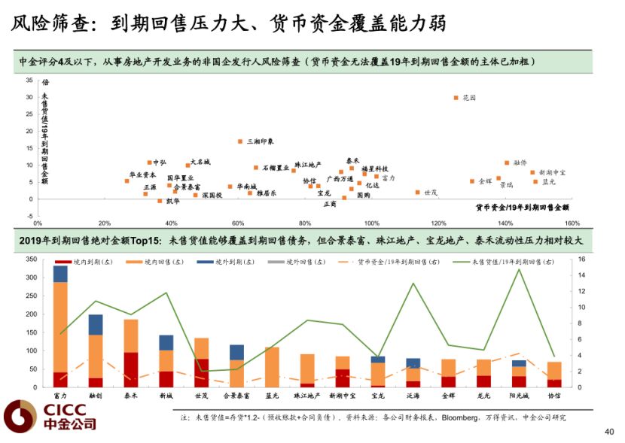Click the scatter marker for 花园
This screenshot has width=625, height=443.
click(456, 98)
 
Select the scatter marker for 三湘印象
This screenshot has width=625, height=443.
click(240, 141)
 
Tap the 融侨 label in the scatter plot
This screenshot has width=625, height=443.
click(520, 162)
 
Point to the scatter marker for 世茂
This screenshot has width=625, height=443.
click(418, 192)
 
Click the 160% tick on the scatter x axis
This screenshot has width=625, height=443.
click(571, 223)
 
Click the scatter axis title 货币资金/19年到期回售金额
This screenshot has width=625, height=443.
click(522, 207)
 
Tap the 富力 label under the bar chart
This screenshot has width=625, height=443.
click(60, 395)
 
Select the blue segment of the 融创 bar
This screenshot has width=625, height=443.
click(96, 324)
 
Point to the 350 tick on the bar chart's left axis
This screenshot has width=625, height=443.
click(30, 259)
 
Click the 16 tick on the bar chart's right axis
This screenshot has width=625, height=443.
click(580, 259)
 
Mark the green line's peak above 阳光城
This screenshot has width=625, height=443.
click(519, 269)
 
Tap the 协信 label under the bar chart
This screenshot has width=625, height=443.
click(554, 395)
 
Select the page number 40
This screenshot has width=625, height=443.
click(609, 432)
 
